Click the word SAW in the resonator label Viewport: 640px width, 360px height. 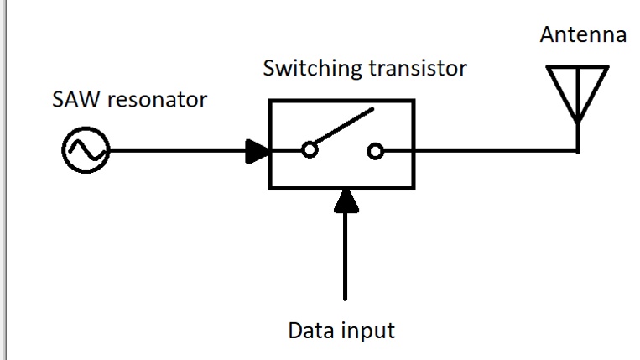click(75, 99)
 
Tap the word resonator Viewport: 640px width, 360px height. click(157, 100)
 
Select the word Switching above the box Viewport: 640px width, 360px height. click(312, 68)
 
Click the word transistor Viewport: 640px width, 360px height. click(418, 68)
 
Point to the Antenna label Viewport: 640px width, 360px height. click(583, 34)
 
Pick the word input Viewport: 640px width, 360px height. click(368, 331)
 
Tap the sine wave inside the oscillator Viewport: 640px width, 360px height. click(86, 150)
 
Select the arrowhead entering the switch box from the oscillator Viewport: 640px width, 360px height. click(258, 151)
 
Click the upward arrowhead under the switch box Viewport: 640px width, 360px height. click(346, 201)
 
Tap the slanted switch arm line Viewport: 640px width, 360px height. click(344, 126)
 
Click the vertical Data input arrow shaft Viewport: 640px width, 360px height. click(346, 256)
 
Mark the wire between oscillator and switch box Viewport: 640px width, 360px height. click(178, 150)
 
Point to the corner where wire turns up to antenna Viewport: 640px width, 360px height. click(578, 151)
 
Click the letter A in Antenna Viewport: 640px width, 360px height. click(549, 34)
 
